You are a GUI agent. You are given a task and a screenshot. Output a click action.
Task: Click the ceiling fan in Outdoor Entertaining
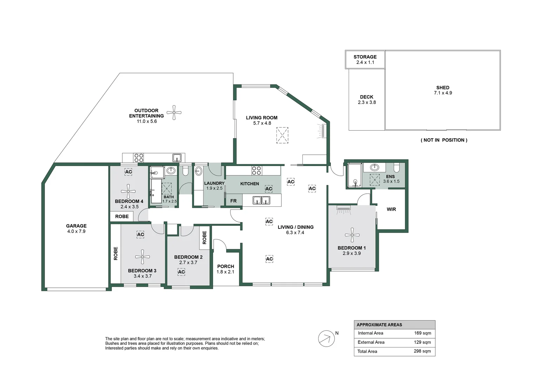174,112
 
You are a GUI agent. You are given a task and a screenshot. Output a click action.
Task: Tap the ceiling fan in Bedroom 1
352,235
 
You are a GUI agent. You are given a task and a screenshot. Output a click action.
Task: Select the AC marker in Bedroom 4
128,172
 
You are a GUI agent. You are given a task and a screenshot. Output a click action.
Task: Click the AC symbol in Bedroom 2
181,272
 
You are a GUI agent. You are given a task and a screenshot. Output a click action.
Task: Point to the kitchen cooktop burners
256,171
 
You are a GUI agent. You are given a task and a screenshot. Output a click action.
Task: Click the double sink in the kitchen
261,200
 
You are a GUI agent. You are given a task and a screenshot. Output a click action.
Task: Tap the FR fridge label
233,201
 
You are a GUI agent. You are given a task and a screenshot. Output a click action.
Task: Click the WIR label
391,209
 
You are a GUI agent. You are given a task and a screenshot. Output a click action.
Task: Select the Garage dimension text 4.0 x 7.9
76,231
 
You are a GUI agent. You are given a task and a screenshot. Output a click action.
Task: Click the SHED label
443,87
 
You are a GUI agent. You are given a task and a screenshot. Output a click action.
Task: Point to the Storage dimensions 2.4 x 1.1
365,62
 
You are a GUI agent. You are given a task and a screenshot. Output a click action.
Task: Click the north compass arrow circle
326,339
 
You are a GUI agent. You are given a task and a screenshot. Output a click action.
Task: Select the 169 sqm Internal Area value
423,333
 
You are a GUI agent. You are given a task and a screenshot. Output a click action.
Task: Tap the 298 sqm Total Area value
422,351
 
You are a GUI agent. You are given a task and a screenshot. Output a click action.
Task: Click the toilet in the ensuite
396,167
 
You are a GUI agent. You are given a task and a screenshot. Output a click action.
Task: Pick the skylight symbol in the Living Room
282,135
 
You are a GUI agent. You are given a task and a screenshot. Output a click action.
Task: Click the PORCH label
226,266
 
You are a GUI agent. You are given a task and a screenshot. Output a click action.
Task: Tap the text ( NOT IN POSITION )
444,140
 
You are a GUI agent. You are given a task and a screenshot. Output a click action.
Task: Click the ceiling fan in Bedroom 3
142,257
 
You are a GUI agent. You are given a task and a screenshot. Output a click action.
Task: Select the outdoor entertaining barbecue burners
139,158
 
